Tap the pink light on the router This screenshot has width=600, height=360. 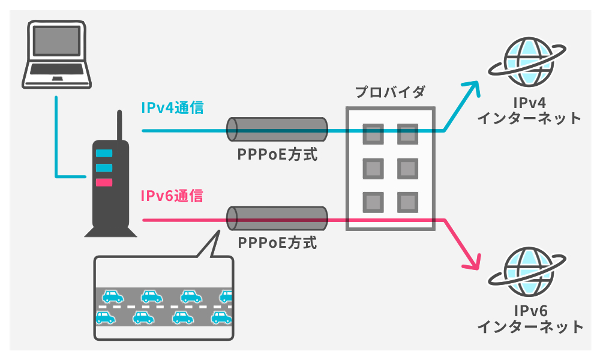104,182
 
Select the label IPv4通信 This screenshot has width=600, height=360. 172,108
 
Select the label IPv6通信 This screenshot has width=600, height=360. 172,196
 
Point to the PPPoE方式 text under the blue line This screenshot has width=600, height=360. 277,155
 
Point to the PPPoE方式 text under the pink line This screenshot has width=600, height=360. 277,243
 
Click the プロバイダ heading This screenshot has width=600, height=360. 389,92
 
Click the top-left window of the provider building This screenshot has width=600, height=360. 373,133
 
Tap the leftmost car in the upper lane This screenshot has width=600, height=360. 112,296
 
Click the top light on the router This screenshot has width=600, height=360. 104,153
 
